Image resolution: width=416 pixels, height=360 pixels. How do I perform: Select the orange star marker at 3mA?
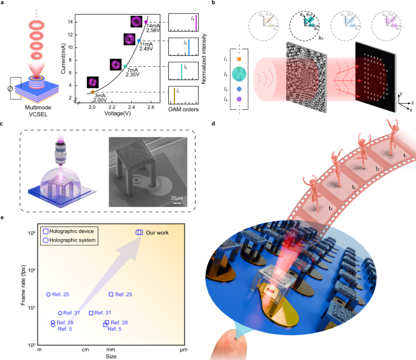click(92, 91)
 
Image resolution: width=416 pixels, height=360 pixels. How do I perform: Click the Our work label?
click(159, 232)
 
